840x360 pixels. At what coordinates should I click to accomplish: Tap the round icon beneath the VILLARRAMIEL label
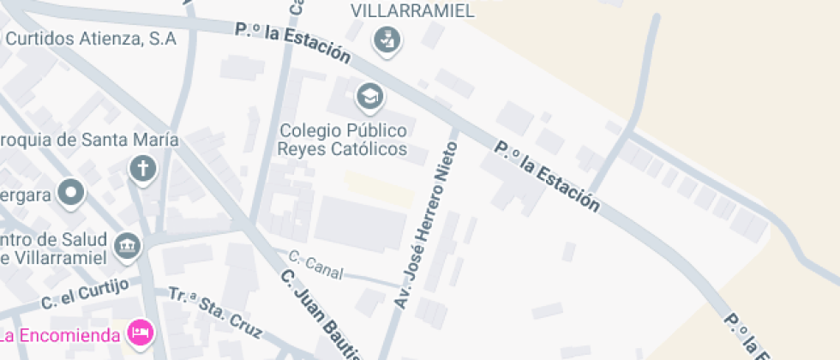click(x=387, y=39)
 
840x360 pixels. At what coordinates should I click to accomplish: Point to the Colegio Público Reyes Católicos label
click(x=342, y=140)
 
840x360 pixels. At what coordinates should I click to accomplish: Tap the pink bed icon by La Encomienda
click(x=139, y=331)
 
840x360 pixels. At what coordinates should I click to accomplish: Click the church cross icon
click(x=142, y=169)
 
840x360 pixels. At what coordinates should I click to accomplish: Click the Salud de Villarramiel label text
click(x=53, y=247)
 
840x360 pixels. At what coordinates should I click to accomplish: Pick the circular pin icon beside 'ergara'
click(x=71, y=194)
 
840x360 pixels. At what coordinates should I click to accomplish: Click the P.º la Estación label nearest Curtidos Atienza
click(x=292, y=43)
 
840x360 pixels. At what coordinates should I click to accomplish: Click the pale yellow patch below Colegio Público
click(x=378, y=188)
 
